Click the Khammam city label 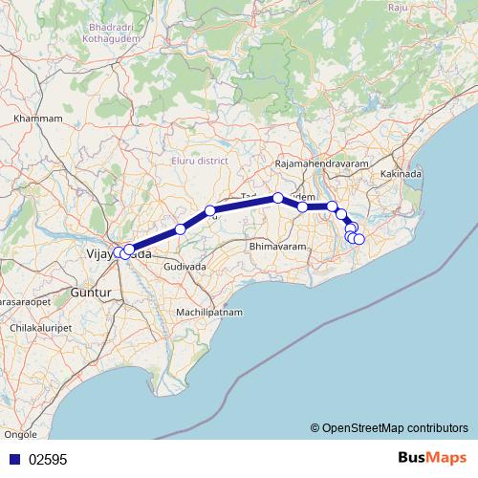tap(38, 119)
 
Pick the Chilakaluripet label tap(39, 328)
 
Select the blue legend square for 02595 tap(12, 459)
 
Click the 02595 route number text tap(48, 459)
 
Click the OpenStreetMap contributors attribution tap(389, 428)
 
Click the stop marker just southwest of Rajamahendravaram tap(278, 198)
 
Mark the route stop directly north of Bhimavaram tap(303, 206)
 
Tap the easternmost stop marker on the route tap(359, 238)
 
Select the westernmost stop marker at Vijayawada tap(118, 252)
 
